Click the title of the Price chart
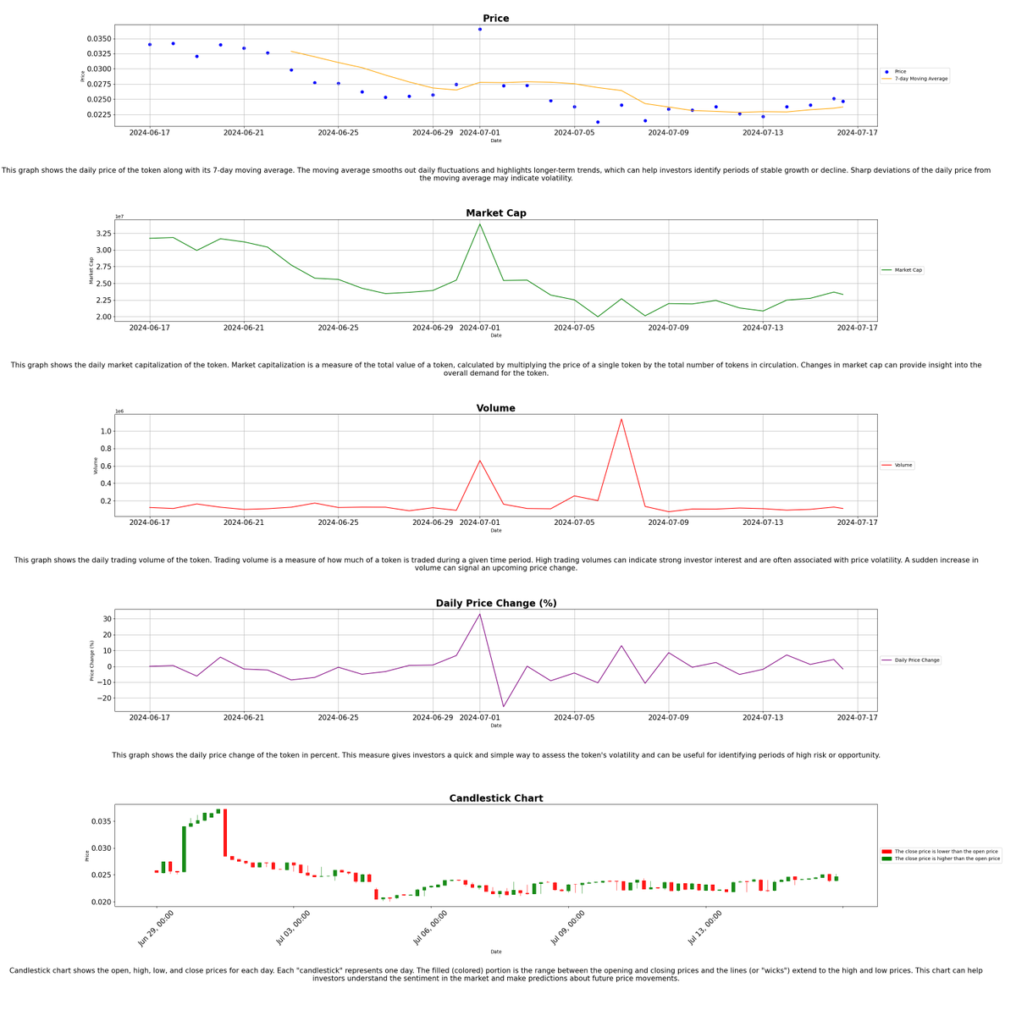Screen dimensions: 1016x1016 point(495,19)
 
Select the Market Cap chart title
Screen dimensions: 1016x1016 point(495,213)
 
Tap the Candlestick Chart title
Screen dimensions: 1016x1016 point(495,798)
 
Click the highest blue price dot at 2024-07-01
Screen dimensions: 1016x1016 point(480,30)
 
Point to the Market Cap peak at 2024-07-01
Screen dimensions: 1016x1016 point(480,224)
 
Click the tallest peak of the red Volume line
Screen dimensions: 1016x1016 point(621,419)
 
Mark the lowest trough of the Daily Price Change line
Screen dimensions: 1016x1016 point(504,707)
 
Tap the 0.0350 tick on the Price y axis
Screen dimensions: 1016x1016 point(98,39)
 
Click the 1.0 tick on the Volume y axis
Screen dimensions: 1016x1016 point(106,431)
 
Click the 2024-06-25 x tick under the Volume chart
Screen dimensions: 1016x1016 point(338,522)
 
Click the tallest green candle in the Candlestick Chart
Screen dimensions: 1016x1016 point(184,849)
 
